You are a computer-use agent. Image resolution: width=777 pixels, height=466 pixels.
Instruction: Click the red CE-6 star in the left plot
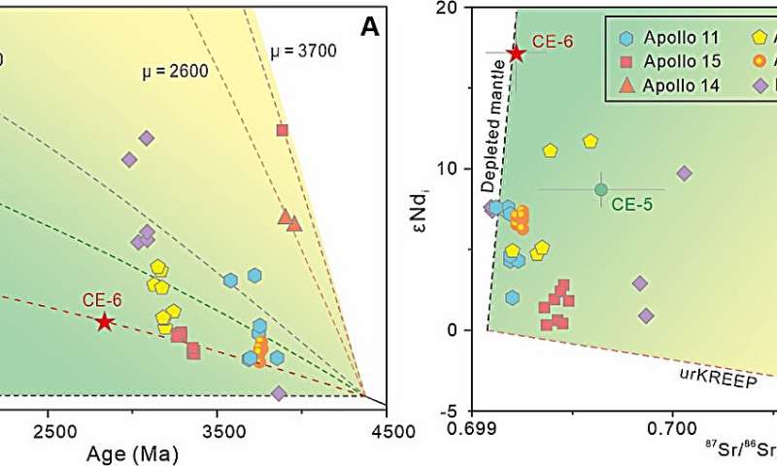coord(105,322)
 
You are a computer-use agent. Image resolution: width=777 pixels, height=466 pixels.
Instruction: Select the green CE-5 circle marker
coord(601,189)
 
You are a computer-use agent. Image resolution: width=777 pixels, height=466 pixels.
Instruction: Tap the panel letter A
coord(370,29)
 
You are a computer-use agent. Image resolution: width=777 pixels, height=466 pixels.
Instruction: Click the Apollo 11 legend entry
coord(670,38)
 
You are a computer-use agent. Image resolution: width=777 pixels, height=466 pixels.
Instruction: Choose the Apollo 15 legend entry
coord(670,61)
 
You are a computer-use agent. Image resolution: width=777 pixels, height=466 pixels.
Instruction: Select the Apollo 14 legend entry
coord(670,85)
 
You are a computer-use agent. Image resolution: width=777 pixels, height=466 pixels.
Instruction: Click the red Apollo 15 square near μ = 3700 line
coord(283,130)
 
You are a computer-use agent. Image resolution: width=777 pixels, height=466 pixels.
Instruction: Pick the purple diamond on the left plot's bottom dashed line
coord(279,393)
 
